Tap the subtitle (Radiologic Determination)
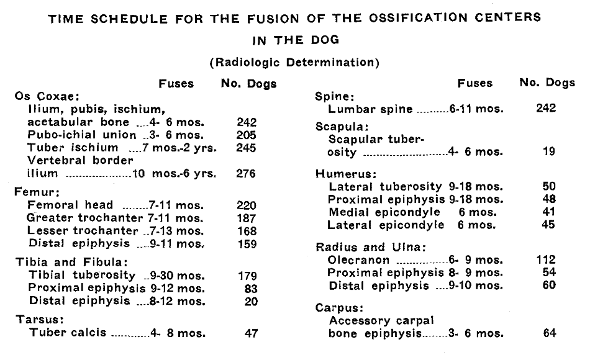coord(294,62)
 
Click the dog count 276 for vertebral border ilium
coord(246,174)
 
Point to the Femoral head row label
coord(70,205)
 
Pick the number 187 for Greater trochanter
coord(246,218)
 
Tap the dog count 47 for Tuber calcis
coord(251,333)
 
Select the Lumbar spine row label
coord(370,109)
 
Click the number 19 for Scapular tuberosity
coord(548,151)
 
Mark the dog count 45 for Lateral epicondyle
coord(548,225)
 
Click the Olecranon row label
coord(360,260)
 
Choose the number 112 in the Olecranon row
coord(546,260)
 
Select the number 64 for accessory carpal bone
coord(549,333)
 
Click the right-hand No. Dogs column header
coord(547,83)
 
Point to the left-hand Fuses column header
coord(176,83)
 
